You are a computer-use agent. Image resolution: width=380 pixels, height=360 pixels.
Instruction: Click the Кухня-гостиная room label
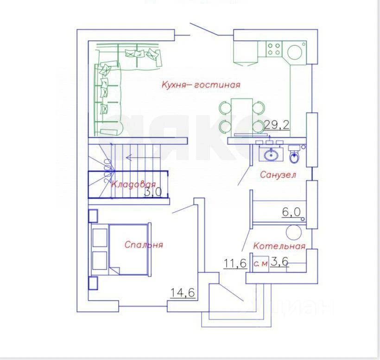click(x=201, y=85)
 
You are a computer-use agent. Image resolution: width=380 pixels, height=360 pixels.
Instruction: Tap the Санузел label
click(x=278, y=175)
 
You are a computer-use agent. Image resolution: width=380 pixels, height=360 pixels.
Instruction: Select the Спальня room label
click(x=144, y=245)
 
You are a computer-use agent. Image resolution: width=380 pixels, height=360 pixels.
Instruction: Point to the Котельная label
click(x=279, y=246)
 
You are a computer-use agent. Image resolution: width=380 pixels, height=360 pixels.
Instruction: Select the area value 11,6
click(x=235, y=264)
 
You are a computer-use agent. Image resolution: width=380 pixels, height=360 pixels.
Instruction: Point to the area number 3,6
click(x=279, y=262)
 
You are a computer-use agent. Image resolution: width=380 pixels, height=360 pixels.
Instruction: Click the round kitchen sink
click(x=295, y=51)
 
